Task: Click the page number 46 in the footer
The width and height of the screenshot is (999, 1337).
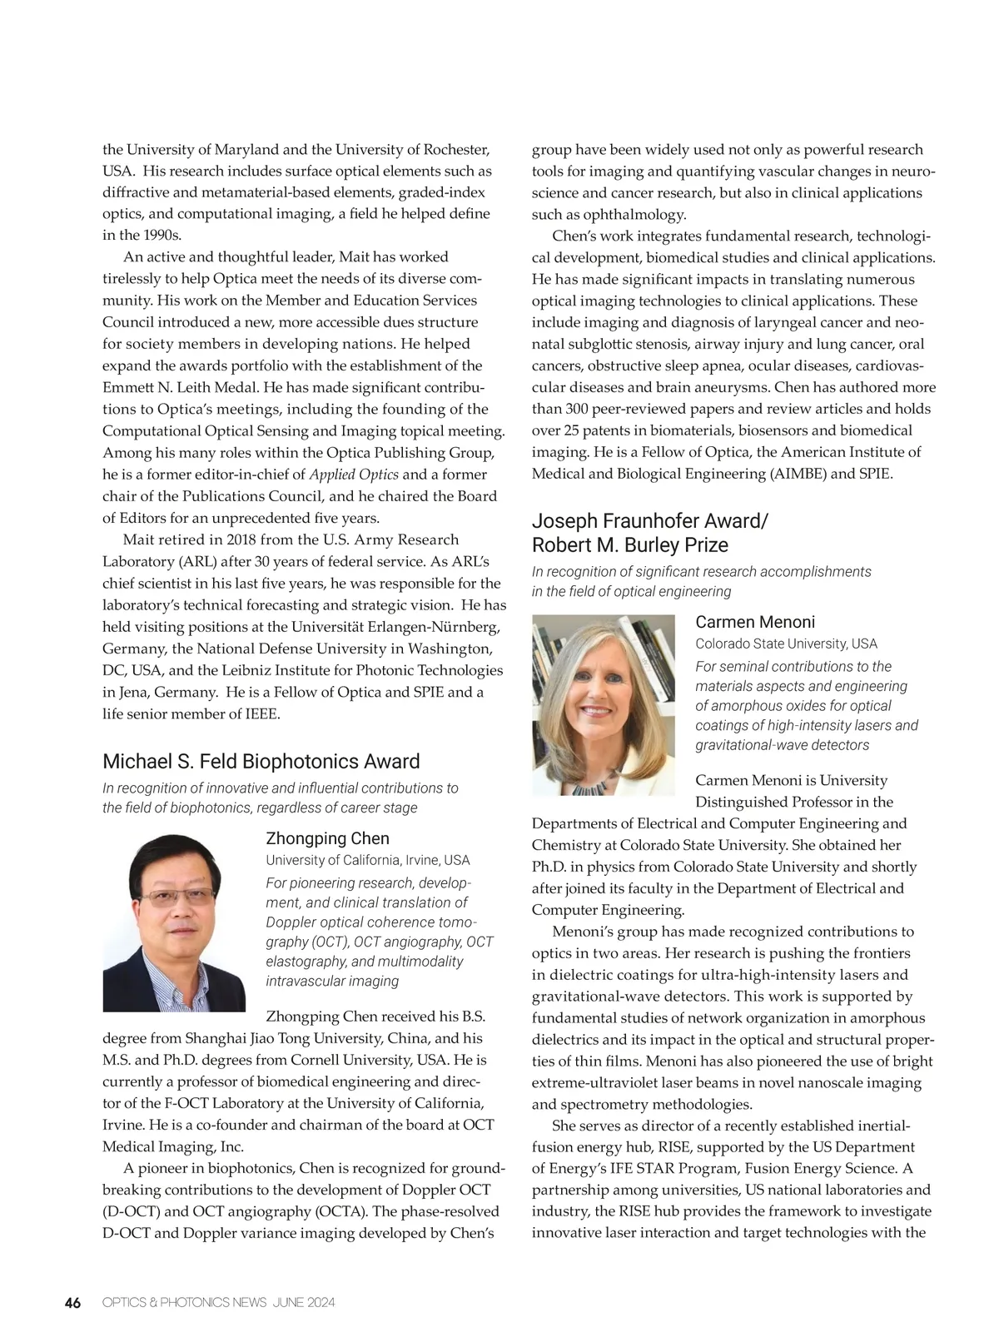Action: (x=72, y=1303)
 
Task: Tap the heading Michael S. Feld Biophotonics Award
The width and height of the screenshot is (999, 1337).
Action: (x=261, y=762)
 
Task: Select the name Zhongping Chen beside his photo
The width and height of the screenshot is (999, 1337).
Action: (x=327, y=838)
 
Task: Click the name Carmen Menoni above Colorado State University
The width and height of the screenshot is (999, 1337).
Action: (x=754, y=622)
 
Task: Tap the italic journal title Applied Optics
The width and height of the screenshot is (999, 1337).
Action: (x=354, y=475)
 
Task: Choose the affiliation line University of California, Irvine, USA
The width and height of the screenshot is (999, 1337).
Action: (x=367, y=860)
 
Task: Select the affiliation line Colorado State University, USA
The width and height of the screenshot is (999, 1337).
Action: (x=786, y=644)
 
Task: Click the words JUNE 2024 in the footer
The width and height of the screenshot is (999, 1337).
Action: (x=303, y=1303)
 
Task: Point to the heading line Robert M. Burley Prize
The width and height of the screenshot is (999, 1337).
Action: (x=629, y=545)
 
